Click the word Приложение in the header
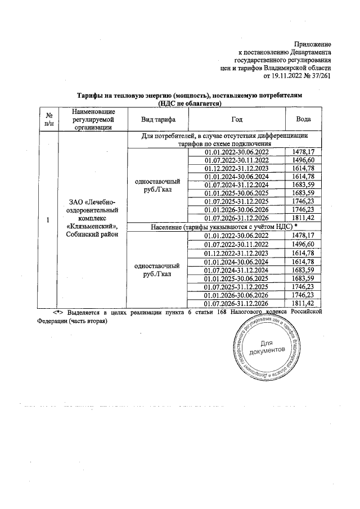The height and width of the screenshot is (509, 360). (313, 44)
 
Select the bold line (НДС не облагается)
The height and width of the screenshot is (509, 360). (190, 103)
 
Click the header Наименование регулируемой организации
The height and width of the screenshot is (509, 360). (93, 120)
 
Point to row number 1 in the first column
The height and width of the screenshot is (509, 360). (48, 219)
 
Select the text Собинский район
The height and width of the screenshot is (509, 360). (93, 235)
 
